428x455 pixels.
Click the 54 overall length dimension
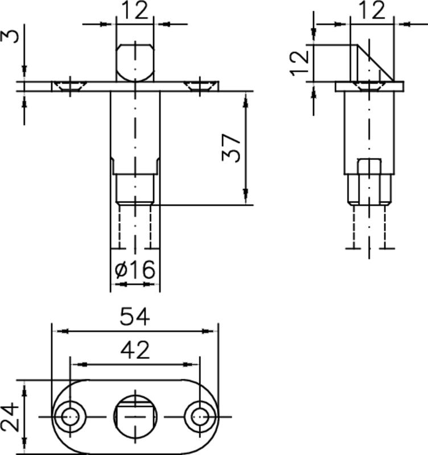point(135,317)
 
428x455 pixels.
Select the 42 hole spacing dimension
point(135,350)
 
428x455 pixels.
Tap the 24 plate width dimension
point(9,417)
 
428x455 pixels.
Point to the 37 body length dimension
point(231,149)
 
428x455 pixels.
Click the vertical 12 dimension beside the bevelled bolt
point(298,62)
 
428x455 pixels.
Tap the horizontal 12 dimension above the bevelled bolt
point(372,10)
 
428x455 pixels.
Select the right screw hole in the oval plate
point(199,417)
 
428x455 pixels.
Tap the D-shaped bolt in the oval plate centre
point(135,416)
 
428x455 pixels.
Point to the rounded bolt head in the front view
point(135,61)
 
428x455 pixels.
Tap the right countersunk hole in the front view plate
point(200,86)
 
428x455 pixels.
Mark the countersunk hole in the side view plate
point(370,86)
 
